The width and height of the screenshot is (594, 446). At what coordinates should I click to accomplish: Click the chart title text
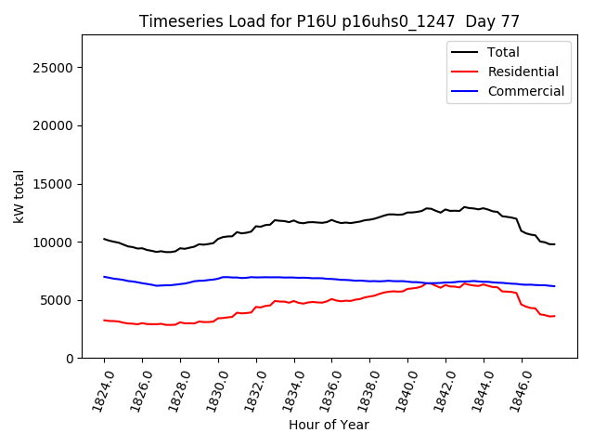pyautogui.click(x=329, y=21)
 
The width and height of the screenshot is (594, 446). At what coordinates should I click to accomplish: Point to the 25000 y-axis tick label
pyautogui.click(x=54, y=68)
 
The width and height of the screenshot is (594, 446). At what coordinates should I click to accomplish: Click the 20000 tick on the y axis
pyautogui.click(x=54, y=125)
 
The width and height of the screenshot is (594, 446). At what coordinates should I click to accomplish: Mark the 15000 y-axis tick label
pyautogui.click(x=54, y=184)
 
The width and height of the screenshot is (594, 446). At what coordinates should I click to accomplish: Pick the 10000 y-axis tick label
pyautogui.click(x=54, y=242)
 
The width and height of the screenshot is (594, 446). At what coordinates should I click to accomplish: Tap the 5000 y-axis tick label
pyautogui.click(x=58, y=300)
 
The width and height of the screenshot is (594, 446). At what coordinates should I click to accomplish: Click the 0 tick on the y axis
pyautogui.click(x=70, y=358)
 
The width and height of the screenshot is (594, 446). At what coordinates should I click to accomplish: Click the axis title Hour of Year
pyautogui.click(x=329, y=425)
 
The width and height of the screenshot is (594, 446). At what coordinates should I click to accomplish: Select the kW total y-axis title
pyautogui.click(x=19, y=197)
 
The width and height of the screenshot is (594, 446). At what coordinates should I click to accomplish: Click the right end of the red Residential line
pyautogui.click(x=554, y=316)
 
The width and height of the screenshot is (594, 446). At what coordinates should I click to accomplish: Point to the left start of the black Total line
pyautogui.click(x=104, y=239)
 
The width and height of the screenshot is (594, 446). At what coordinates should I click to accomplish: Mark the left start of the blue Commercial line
pyautogui.click(x=104, y=277)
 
